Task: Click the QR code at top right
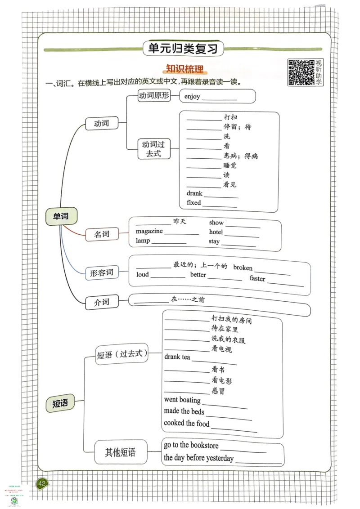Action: tap(301, 72)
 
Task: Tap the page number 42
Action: tap(42, 484)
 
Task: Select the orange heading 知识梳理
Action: tap(185, 69)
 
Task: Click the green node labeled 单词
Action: tap(61, 217)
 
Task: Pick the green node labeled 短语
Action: tap(60, 403)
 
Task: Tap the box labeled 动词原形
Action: tap(154, 95)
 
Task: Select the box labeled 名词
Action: tap(101, 234)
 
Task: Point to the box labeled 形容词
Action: tap(101, 272)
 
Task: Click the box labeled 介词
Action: tap(101, 303)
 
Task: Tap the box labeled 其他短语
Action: tap(120, 452)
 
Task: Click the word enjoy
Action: tap(192, 97)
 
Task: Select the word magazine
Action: tap(149, 231)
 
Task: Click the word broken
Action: tap(243, 268)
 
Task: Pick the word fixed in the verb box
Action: tap(194, 203)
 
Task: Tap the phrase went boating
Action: tap(182, 400)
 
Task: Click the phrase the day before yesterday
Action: tap(198, 458)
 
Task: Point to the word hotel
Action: tap(216, 232)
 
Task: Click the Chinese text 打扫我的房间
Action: tap(232, 321)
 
